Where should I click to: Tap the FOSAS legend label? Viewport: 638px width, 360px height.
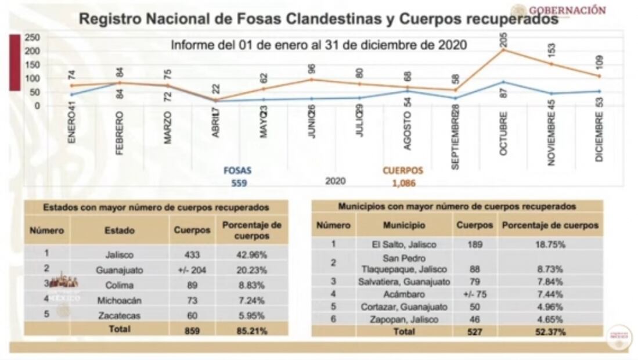pos(237,171)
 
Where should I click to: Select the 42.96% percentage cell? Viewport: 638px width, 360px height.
pos(251,254)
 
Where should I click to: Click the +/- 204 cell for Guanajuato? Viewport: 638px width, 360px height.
pos(192,270)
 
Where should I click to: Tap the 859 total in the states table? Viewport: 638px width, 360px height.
pos(192,329)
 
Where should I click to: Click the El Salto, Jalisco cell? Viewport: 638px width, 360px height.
pos(404,245)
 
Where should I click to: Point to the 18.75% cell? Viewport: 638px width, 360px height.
pos(549,245)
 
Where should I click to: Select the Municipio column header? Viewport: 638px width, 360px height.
pos(404,225)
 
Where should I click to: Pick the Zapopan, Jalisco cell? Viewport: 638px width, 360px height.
pos(404,319)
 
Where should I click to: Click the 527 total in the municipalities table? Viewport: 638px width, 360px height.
pos(474,332)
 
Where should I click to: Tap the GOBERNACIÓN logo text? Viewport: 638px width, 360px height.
pos(567,10)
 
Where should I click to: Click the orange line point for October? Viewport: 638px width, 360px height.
pos(503,50)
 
